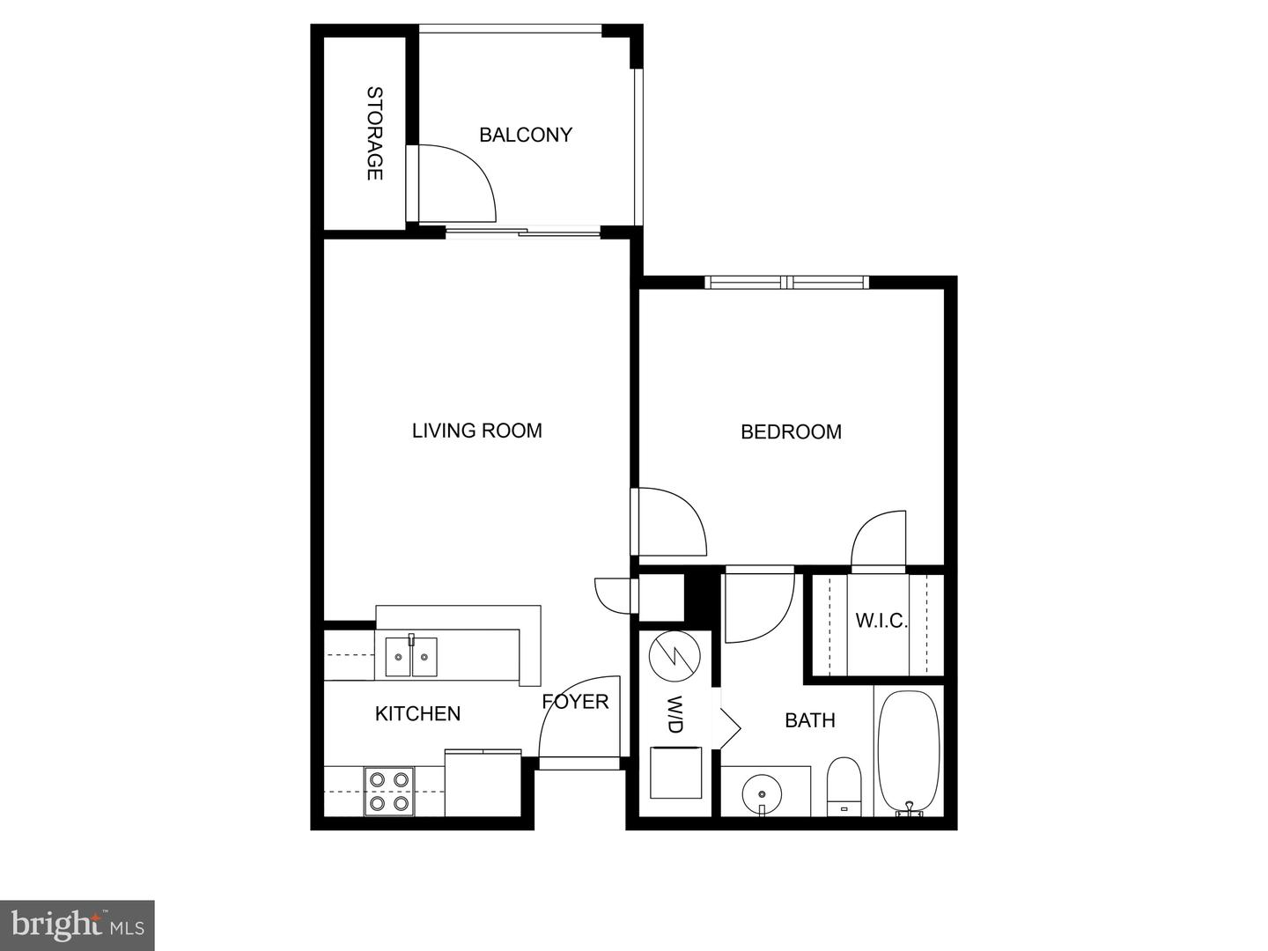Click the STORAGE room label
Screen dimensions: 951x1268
click(x=374, y=133)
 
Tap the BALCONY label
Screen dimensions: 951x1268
click(x=526, y=135)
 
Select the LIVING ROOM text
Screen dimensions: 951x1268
click(x=476, y=431)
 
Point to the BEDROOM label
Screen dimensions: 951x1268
click(x=791, y=431)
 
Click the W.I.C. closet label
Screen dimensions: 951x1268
click(x=881, y=621)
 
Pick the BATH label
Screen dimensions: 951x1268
click(x=809, y=720)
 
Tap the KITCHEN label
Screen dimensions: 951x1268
click(x=417, y=713)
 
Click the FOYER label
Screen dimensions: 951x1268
click(x=575, y=702)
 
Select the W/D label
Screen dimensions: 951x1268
click(x=675, y=714)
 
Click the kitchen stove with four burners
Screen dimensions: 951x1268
click(x=389, y=791)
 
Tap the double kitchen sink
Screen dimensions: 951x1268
click(x=411, y=656)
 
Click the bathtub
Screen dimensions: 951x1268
click(x=908, y=752)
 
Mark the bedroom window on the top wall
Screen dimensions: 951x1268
click(x=786, y=283)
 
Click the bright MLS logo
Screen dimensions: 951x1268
click(x=77, y=925)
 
